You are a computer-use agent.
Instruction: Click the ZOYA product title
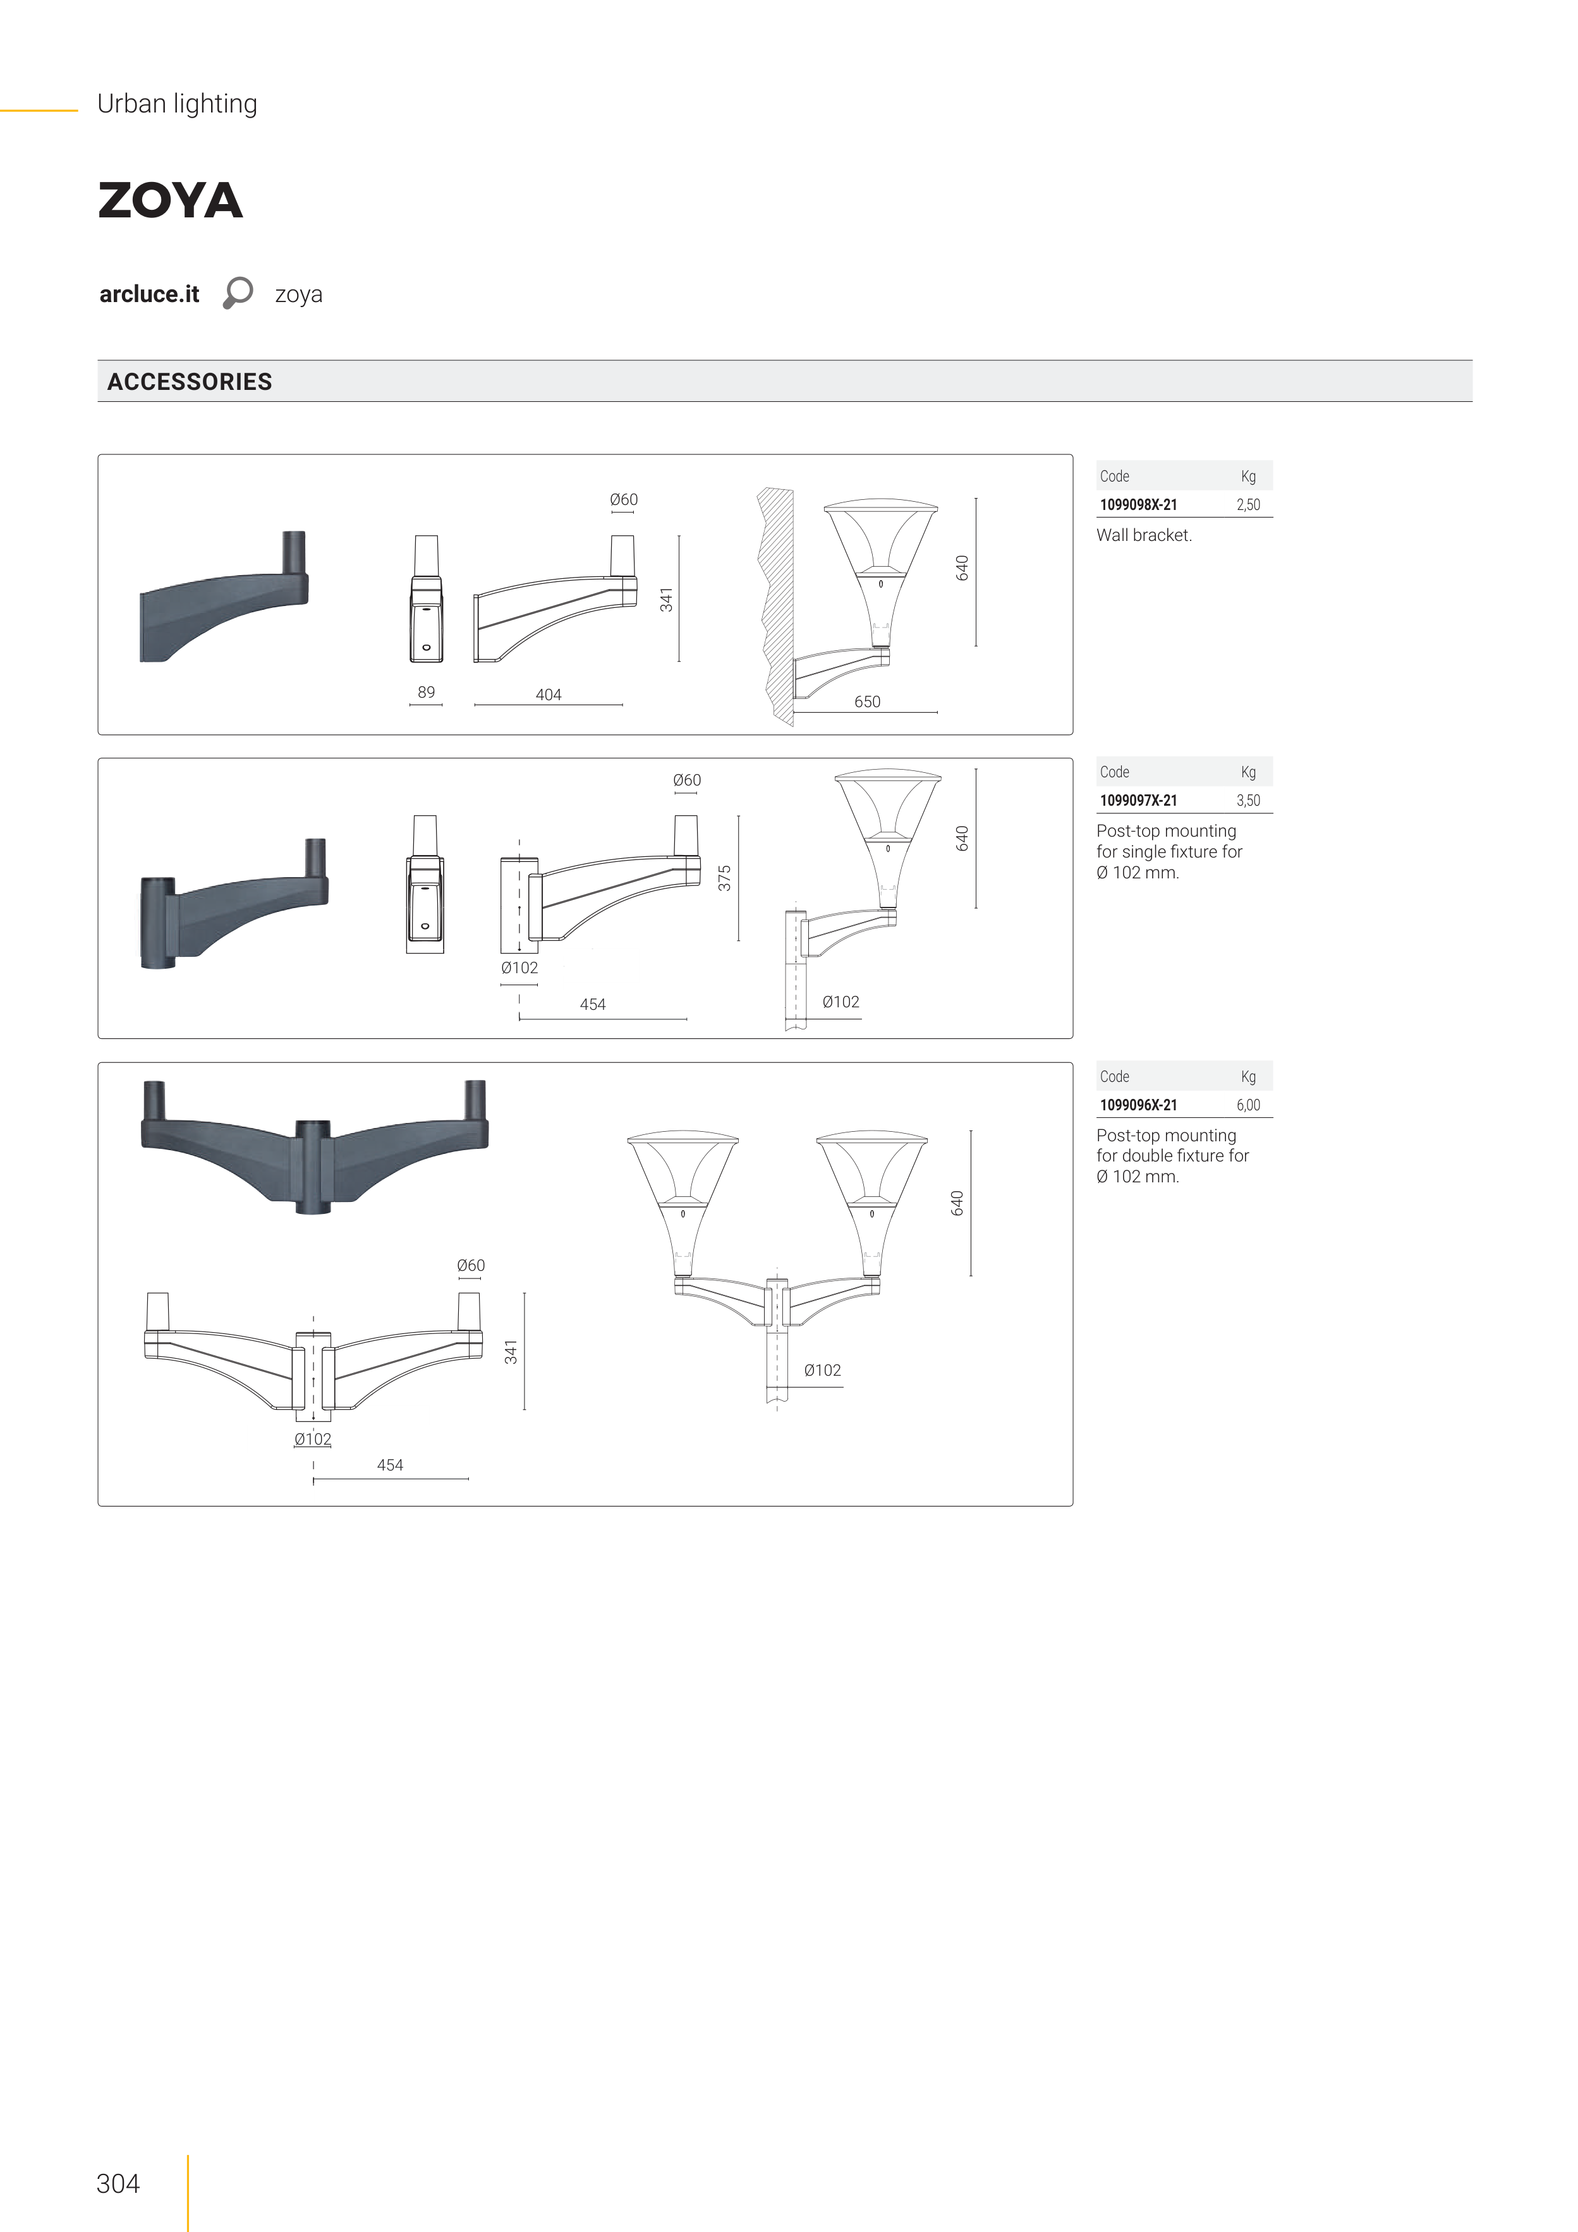tap(170, 200)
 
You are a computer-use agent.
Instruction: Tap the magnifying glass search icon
tap(237, 293)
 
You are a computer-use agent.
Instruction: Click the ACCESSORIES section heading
tap(190, 382)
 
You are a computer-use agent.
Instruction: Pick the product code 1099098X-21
tap(1138, 504)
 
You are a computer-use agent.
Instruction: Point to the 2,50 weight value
tap(1247, 504)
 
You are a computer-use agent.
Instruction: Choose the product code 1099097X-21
tap(1138, 800)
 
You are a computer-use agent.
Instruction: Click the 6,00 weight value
tap(1247, 1105)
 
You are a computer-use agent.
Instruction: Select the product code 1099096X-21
tap(1138, 1105)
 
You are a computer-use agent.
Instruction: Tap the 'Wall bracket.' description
tap(1143, 535)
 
